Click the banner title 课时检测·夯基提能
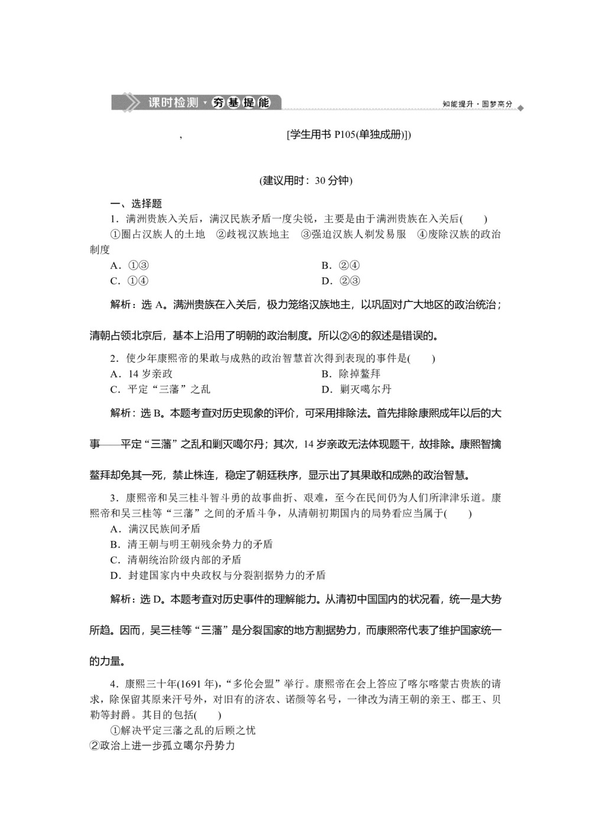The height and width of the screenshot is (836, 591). point(208,102)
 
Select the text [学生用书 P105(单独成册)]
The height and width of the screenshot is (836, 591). point(348,135)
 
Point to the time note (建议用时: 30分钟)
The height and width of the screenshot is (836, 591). point(306,181)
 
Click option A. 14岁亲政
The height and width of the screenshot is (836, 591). point(142,374)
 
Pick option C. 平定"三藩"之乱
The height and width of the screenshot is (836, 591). point(160,389)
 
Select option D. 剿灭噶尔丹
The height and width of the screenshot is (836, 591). point(356,389)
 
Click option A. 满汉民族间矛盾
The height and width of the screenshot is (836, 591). point(155,529)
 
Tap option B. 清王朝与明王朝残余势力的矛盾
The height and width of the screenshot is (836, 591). point(191,544)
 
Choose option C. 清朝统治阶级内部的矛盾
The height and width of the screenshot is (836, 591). point(176,559)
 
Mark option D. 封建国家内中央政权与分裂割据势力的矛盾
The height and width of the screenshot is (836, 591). point(218,575)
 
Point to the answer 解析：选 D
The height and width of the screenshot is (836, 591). point(137,600)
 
